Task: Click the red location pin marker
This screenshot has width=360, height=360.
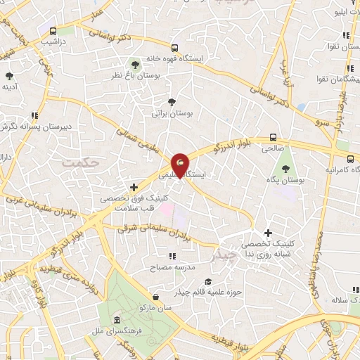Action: click(x=181, y=164)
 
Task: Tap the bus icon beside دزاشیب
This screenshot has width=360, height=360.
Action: click(x=53, y=32)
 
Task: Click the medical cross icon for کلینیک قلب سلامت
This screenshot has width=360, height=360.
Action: click(x=133, y=187)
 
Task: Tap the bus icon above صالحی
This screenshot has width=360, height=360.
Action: click(x=273, y=139)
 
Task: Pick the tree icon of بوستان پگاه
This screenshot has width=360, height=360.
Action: click(x=285, y=169)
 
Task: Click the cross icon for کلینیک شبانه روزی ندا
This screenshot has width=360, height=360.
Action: click(x=267, y=233)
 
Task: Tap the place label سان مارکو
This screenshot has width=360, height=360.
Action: click(x=160, y=307)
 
